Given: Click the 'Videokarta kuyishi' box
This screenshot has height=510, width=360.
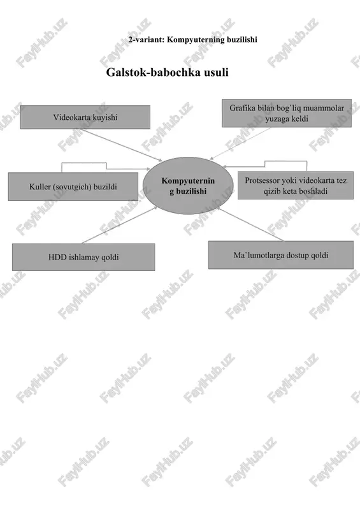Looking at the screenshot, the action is pos(85,117).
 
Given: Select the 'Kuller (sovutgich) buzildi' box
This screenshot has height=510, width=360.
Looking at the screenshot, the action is pos(73,186).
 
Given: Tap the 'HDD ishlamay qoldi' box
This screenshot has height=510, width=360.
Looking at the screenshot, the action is pos(83,257).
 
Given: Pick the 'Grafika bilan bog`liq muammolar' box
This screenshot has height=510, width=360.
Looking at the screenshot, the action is pos(287,113).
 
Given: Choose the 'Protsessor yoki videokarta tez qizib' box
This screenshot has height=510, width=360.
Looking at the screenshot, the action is pos(296,186).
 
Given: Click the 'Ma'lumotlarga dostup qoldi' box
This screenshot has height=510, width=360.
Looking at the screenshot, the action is pos(281,255).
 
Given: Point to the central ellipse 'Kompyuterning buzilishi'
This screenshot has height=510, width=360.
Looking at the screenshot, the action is pos(189,186).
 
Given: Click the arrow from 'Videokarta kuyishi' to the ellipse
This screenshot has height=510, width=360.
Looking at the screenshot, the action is pos(122,145).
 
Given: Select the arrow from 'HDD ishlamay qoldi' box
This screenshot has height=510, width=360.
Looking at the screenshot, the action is pos(120,225).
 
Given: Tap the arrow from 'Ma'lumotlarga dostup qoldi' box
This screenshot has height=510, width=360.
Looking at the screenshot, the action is pos(250,225).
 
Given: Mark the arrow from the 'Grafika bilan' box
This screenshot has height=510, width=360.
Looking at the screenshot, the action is pos(240,143).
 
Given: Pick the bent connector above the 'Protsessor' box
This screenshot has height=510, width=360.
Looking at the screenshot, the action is pos(264,164).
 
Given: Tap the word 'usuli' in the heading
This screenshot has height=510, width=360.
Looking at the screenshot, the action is pos(216,72).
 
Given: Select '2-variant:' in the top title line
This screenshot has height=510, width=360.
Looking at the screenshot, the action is pos(147,40).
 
